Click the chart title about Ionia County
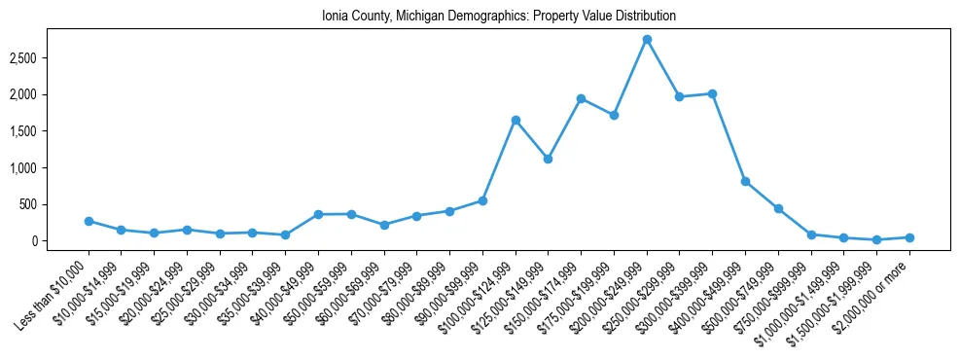pyautogui.click(x=498, y=17)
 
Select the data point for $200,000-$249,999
pyautogui.click(x=647, y=39)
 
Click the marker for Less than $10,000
pyautogui.click(x=89, y=221)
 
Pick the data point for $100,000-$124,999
pyautogui.click(x=516, y=120)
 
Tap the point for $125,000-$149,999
pyautogui.click(x=549, y=159)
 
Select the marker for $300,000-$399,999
pyautogui.click(x=712, y=93)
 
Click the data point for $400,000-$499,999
pyautogui.click(x=745, y=181)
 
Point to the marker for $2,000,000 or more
pyautogui.click(x=909, y=237)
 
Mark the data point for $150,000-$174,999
pyautogui.click(x=581, y=98)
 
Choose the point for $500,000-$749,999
pyautogui.click(x=778, y=208)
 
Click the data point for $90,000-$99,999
pyautogui.click(x=482, y=200)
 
